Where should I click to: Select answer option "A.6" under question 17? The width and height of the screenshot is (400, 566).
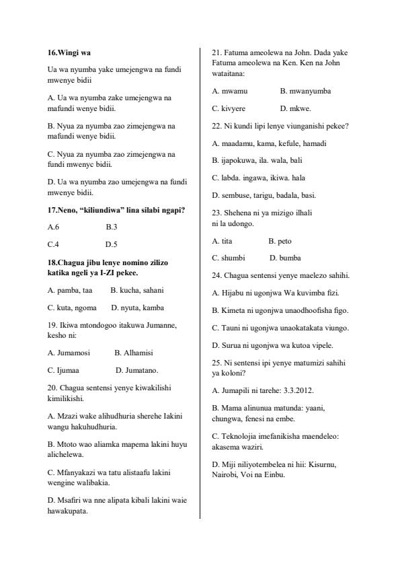(54, 227)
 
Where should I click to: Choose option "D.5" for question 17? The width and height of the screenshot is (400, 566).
(111, 244)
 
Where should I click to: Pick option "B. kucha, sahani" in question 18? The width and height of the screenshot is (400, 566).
(137, 290)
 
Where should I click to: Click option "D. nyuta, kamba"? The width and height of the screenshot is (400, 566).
(138, 308)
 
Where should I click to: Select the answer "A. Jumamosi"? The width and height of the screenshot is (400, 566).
(69, 352)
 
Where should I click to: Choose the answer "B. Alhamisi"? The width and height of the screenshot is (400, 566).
(134, 352)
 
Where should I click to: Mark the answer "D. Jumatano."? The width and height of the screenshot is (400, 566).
(137, 369)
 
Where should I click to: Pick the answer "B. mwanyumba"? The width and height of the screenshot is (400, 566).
(305, 90)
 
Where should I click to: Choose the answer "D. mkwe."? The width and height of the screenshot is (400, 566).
(296, 108)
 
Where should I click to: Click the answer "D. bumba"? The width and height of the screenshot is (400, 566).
(285, 258)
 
